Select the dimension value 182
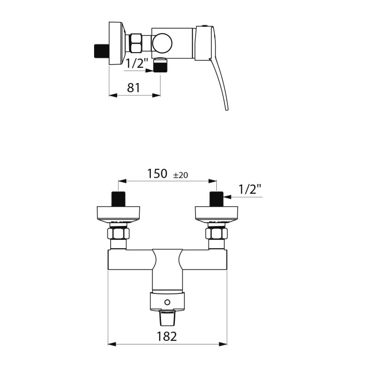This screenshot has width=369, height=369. pos(167,336)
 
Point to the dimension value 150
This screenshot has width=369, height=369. pos(156,174)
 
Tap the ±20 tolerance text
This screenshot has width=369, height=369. pos(180,175)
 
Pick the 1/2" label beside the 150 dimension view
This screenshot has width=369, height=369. pos(250,188)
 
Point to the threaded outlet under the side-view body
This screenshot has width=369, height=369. pos(160,66)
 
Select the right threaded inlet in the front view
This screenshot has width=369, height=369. pos(216,199)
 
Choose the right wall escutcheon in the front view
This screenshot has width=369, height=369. pos(216,213)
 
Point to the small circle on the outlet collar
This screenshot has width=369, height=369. pos(168,303)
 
